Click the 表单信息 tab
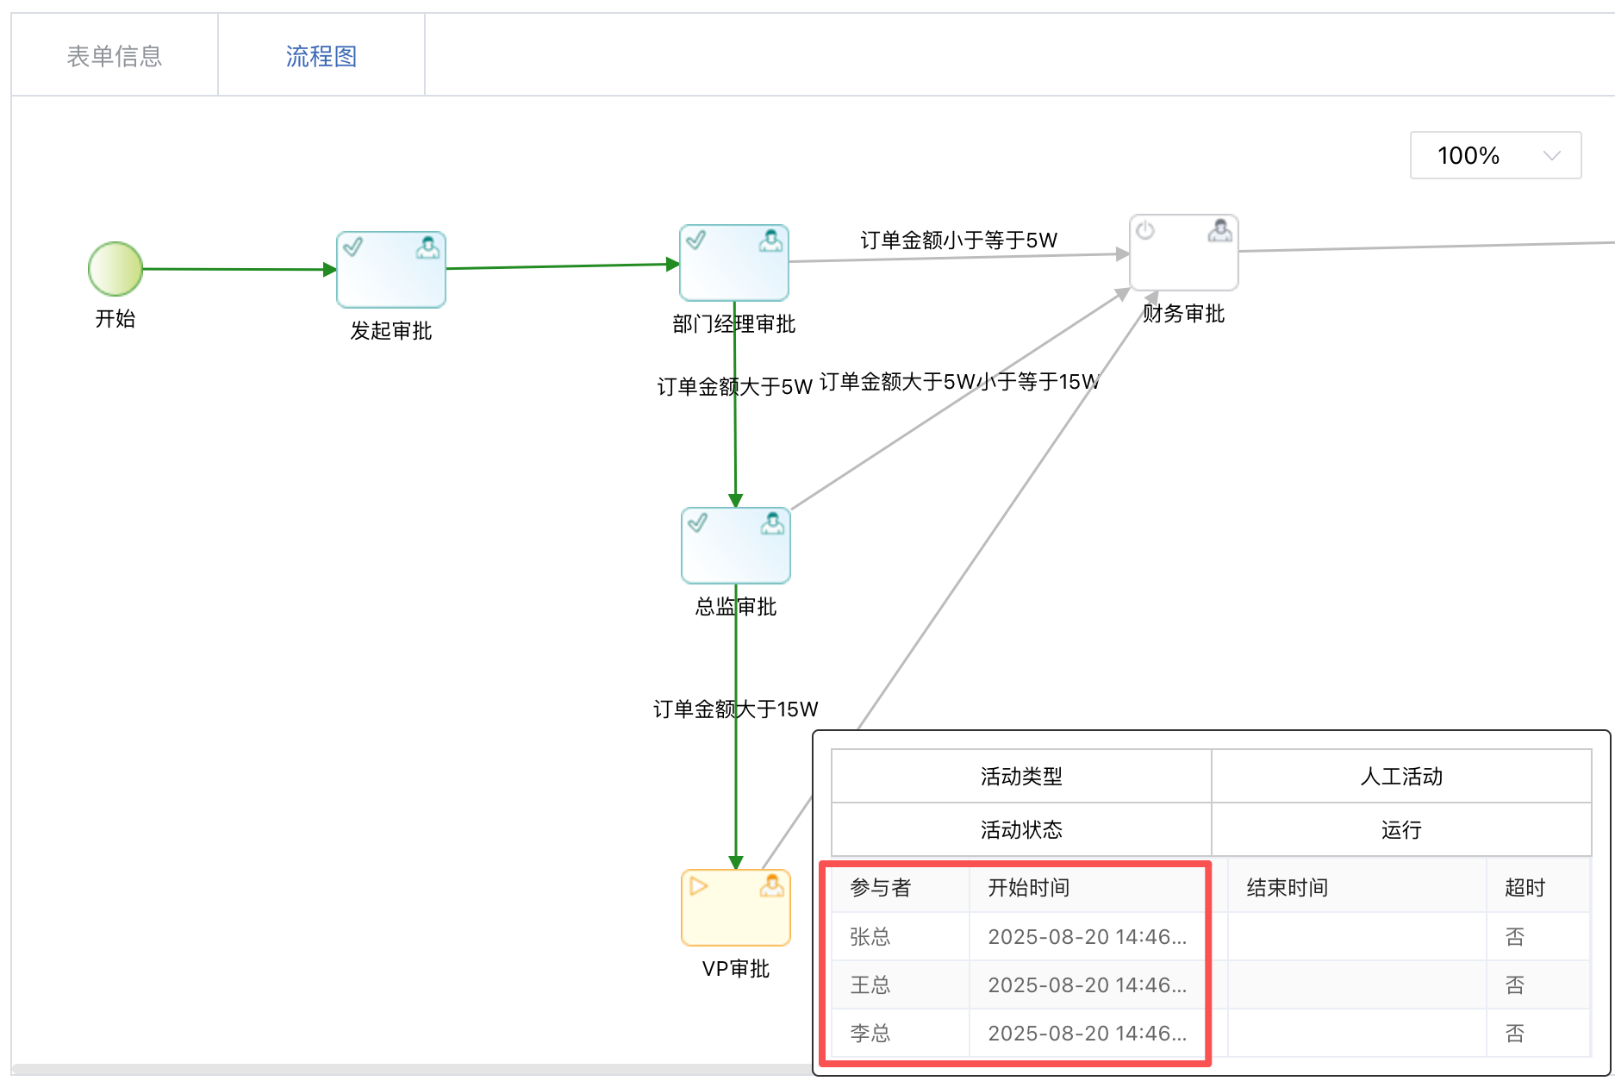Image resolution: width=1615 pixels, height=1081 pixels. point(115,56)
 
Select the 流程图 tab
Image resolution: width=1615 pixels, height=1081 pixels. point(321,56)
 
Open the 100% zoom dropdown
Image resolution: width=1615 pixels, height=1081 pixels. point(1495,155)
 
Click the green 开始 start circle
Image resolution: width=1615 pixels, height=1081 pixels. point(115,269)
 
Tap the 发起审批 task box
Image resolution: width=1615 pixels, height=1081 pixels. point(391,269)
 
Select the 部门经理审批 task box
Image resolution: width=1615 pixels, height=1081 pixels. point(734,263)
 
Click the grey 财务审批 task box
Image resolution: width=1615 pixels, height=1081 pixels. point(1184,253)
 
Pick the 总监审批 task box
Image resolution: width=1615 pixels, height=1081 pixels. point(736,546)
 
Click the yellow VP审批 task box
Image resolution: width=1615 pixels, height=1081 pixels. point(736,908)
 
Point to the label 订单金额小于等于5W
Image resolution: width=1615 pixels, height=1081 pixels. point(959,240)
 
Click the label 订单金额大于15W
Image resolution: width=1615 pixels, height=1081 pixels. point(736,709)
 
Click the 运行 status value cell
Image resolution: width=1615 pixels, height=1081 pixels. point(1401,830)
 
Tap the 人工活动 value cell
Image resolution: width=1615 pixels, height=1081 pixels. point(1401,777)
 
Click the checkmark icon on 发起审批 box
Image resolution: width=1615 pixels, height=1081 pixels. point(353,247)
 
